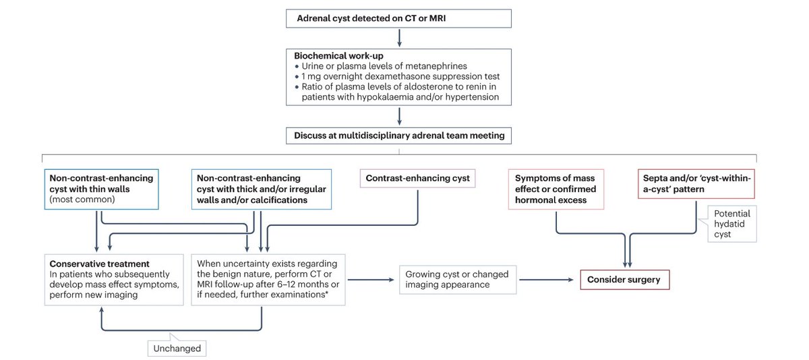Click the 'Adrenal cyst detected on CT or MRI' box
[399, 18]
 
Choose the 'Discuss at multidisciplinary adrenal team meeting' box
[399, 136]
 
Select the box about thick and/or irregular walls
[262, 189]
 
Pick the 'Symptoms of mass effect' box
[556, 189]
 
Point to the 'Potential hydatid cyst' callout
[731, 223]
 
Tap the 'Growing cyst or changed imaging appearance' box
[458, 279]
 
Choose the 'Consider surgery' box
[625, 279]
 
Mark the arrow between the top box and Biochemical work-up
[399, 37]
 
